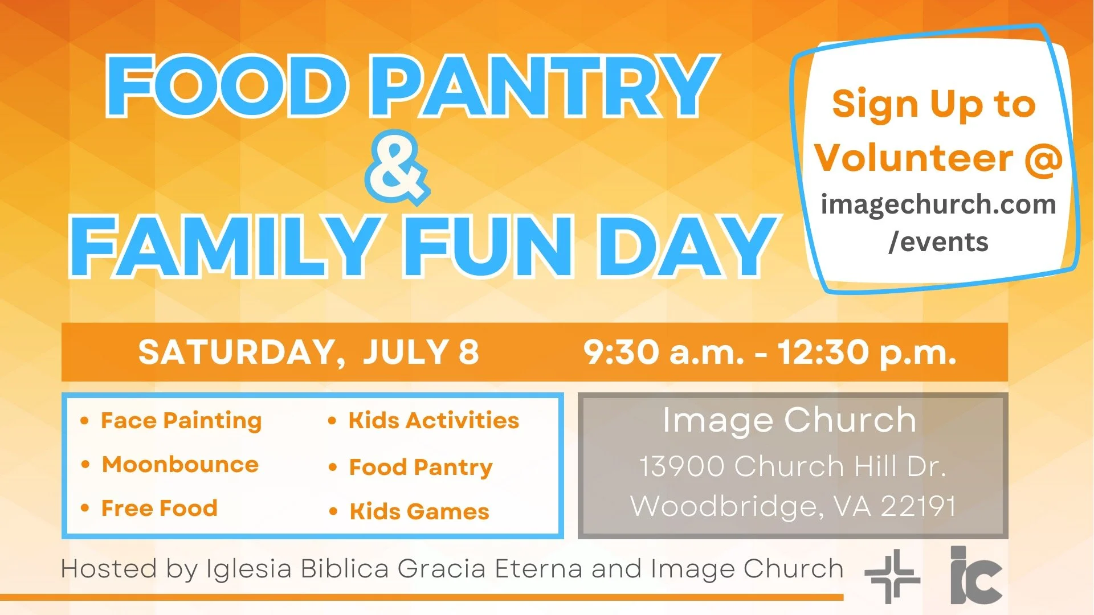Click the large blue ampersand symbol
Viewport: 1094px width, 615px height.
click(396, 168)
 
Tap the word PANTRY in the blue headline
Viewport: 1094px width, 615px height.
click(544, 87)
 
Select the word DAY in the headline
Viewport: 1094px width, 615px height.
click(687, 248)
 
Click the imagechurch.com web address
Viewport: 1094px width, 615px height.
click(938, 204)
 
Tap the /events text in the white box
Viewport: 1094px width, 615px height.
click(938, 242)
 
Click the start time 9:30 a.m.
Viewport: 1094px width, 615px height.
click(663, 352)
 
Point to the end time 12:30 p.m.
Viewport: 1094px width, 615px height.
click(866, 352)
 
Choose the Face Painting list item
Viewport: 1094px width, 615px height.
click(181, 421)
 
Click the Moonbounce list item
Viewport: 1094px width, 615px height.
click(180, 465)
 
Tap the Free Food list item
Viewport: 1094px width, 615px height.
click(159, 508)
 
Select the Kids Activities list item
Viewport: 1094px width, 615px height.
click(433, 421)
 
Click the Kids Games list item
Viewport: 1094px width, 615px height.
click(419, 511)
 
